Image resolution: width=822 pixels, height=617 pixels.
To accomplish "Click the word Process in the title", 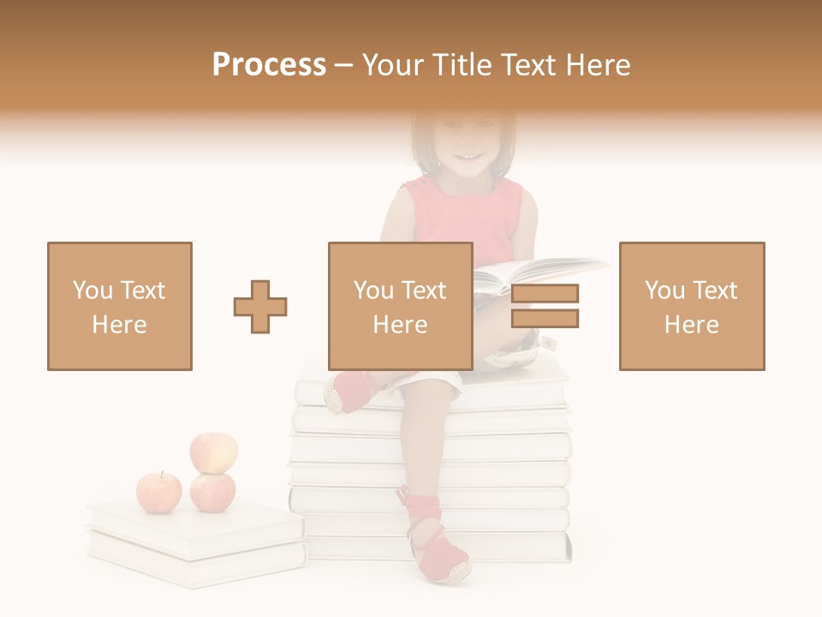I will (269, 65).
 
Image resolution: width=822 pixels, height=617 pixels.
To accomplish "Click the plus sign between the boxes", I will (260, 307).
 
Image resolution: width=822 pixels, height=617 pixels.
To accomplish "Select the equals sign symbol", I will (545, 306).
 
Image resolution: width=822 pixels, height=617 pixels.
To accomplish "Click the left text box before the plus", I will (120, 306).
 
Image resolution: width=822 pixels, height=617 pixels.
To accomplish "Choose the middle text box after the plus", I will (400, 306).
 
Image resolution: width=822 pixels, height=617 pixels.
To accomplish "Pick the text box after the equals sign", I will (691, 306).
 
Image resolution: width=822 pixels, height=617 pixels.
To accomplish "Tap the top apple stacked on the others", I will (213, 452).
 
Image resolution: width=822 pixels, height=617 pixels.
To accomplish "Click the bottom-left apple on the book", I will (159, 492).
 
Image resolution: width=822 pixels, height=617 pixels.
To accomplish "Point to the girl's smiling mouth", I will (467, 157).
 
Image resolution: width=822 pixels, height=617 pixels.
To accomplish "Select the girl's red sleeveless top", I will (467, 219).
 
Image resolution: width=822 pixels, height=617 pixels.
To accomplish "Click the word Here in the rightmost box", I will (691, 324).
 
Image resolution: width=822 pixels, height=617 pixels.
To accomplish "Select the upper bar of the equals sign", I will (545, 293).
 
